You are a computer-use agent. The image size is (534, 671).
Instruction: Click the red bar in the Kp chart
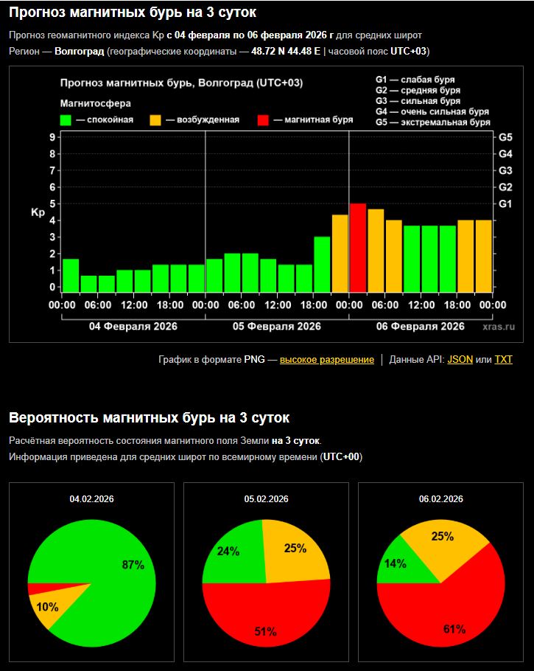(x=357, y=247)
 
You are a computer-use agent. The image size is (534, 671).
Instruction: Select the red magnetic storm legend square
(x=264, y=120)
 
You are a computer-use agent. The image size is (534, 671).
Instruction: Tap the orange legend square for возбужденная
(x=155, y=120)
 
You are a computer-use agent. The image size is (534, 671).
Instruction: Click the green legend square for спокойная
(x=66, y=120)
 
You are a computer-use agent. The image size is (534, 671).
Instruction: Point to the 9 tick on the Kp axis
(x=52, y=137)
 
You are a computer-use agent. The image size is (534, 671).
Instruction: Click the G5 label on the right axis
(x=505, y=137)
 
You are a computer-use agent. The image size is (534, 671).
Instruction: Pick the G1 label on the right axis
(x=505, y=204)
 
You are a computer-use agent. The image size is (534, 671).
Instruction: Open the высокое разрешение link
(x=326, y=360)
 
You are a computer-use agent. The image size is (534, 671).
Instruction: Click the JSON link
(x=460, y=360)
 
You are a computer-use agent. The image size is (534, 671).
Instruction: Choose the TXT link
(x=503, y=360)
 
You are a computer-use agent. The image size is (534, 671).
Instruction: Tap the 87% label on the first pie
(x=133, y=565)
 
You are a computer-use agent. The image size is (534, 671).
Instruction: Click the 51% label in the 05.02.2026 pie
(x=265, y=631)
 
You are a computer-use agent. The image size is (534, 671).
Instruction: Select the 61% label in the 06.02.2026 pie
(x=454, y=629)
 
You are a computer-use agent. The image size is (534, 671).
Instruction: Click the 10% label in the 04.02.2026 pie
(x=47, y=606)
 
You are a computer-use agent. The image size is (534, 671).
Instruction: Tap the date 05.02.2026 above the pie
(x=266, y=499)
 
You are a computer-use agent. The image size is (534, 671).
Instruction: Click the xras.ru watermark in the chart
(x=499, y=326)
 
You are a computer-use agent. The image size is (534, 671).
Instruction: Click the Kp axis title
(x=38, y=212)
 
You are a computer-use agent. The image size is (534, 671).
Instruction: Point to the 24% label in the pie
(x=227, y=551)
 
